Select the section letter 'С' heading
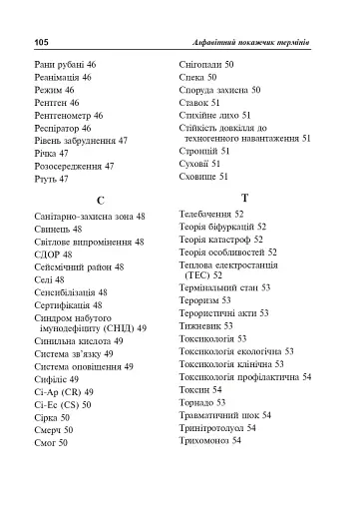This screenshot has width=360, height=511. click(100, 200)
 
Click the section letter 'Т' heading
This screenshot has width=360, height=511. click(245, 198)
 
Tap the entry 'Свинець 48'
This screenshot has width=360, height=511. click(58, 229)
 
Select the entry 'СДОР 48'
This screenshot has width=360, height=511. click(53, 255)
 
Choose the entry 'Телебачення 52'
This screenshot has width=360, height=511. click(211, 214)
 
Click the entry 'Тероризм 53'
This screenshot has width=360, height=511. click(204, 298)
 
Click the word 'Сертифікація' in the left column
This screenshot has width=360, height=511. click(64, 304)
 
